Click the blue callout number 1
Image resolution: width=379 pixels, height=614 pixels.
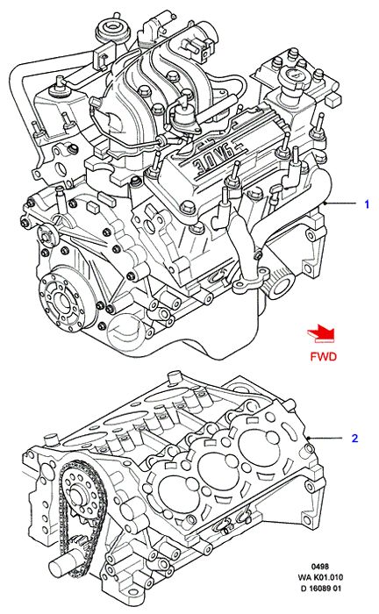point(367,204)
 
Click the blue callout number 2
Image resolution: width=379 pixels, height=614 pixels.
point(354,439)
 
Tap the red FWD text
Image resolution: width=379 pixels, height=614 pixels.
point(324,356)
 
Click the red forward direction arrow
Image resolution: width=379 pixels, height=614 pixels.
point(321,335)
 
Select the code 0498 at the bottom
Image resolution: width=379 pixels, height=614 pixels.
point(320,567)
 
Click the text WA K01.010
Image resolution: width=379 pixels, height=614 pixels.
point(320,577)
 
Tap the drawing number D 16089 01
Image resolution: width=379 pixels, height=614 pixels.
point(320,589)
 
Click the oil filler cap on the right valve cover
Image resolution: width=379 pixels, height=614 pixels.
point(291,80)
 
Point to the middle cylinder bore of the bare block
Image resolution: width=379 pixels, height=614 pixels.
point(216,468)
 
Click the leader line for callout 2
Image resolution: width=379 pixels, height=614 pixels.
point(328,438)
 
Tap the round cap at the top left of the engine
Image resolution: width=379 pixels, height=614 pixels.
point(111,30)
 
